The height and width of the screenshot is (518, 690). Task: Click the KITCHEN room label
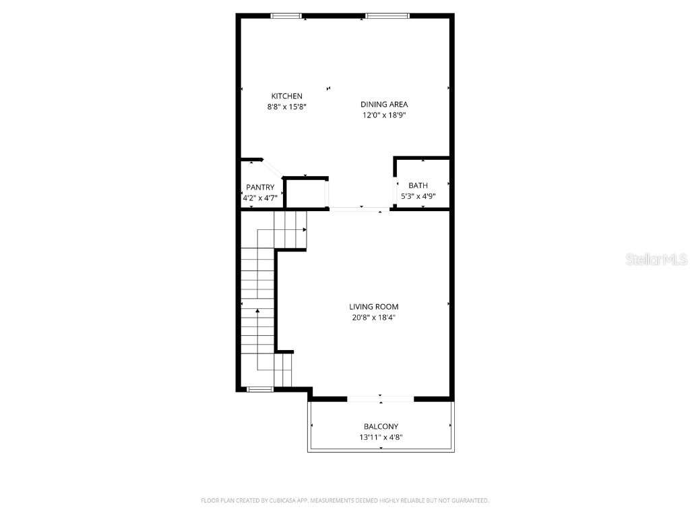(x=286, y=96)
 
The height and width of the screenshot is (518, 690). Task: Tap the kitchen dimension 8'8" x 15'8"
(x=286, y=107)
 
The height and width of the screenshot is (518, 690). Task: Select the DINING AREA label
(x=384, y=104)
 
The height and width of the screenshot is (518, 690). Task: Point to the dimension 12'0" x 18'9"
(x=384, y=115)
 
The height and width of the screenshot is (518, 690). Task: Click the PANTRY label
(x=259, y=187)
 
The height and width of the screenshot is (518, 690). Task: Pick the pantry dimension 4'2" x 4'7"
(x=259, y=198)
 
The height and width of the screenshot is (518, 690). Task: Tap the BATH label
(x=418, y=185)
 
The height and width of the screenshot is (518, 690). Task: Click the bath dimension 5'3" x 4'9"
(x=418, y=196)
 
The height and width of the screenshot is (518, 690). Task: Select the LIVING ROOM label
(x=373, y=307)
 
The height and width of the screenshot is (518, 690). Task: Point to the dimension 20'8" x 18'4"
(x=373, y=318)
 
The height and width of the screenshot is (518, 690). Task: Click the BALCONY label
(x=381, y=426)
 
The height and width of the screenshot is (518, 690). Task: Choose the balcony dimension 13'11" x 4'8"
(x=381, y=437)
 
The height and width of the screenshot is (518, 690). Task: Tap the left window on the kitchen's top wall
(x=286, y=16)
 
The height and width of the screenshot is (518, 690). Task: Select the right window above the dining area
(x=387, y=16)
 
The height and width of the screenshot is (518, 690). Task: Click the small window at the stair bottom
(x=259, y=389)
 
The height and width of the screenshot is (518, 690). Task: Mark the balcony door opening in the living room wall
(x=381, y=399)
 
